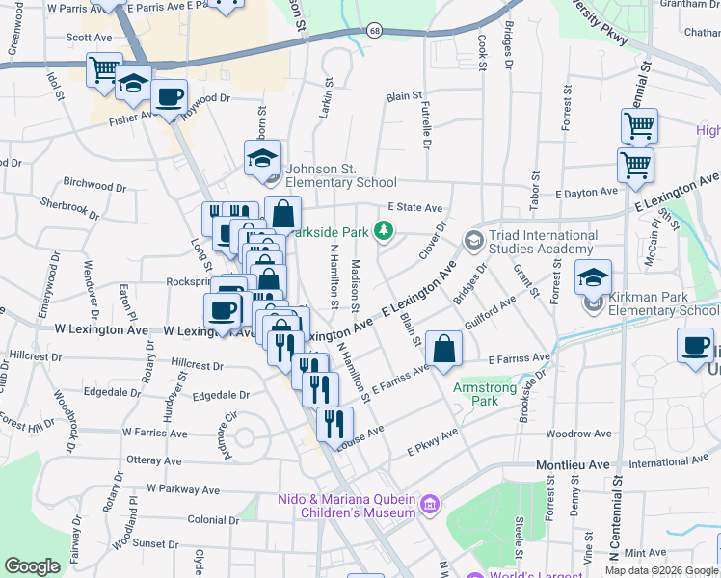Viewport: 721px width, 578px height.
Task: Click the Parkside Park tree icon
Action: (385, 230)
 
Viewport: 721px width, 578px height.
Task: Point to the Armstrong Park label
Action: (485, 394)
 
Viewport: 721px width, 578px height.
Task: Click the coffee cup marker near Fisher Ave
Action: (169, 98)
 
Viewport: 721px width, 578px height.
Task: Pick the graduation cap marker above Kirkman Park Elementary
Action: (593, 278)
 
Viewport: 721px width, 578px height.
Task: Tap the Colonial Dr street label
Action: (213, 520)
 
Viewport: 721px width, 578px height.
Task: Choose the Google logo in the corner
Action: (32, 566)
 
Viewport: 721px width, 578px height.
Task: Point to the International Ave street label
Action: (664, 463)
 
